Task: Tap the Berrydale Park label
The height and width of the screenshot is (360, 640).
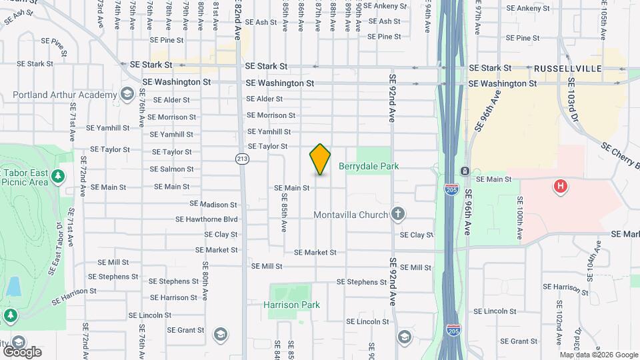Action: pyautogui.click(x=369, y=166)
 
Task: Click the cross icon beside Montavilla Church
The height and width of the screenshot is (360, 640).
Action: pyautogui.click(x=398, y=214)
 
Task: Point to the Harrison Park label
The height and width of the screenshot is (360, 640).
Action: pyautogui.click(x=291, y=305)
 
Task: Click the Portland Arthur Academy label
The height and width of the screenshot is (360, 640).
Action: pyautogui.click(x=65, y=95)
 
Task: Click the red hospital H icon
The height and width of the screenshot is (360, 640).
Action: pyautogui.click(x=561, y=186)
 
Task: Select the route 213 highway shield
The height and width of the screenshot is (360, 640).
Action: pyautogui.click(x=242, y=159)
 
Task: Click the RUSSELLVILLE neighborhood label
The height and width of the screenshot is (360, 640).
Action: pyautogui.click(x=567, y=69)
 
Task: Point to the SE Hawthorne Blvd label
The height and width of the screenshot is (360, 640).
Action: pyautogui.click(x=207, y=219)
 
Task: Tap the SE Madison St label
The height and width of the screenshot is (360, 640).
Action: pyautogui.click(x=213, y=204)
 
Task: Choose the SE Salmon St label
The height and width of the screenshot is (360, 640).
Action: pyautogui.click(x=171, y=169)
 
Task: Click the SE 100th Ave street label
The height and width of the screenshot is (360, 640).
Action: pyautogui.click(x=519, y=217)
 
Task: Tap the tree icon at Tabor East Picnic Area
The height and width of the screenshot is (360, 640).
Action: pyautogui.click(x=59, y=176)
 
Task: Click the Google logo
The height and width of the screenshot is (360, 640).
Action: pyautogui.click(x=21, y=352)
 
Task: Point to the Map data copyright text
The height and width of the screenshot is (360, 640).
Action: pyautogui.click(x=598, y=355)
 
